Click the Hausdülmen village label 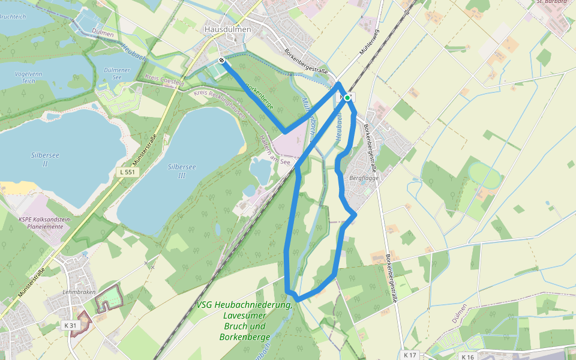coord(227,29)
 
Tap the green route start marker coord(347,97)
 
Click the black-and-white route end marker coord(222,61)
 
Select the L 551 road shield coord(126,172)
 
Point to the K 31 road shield coord(71,325)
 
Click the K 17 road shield coord(410,355)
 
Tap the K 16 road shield coord(468,357)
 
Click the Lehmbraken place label coord(79,292)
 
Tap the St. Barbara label coord(551,2)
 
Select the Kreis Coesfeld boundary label coord(164,81)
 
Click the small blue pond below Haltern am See coord(260,171)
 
